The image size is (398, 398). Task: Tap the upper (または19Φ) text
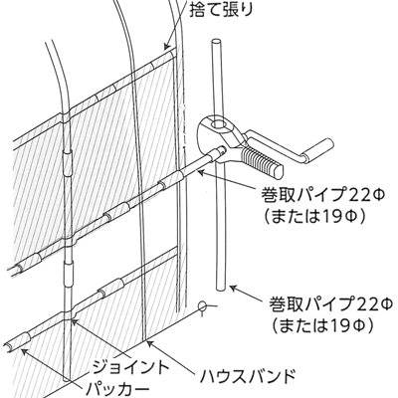(x=315, y=217)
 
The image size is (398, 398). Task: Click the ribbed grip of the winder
(x=262, y=161)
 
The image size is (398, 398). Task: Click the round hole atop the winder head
(x=219, y=125)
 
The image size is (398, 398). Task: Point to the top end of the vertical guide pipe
(x=216, y=42)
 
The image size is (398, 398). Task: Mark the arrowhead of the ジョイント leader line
(x=75, y=321)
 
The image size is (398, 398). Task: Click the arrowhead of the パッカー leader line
(x=24, y=351)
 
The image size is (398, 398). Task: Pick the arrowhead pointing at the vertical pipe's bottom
(x=233, y=288)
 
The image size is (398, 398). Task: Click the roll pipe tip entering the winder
(x=222, y=150)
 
